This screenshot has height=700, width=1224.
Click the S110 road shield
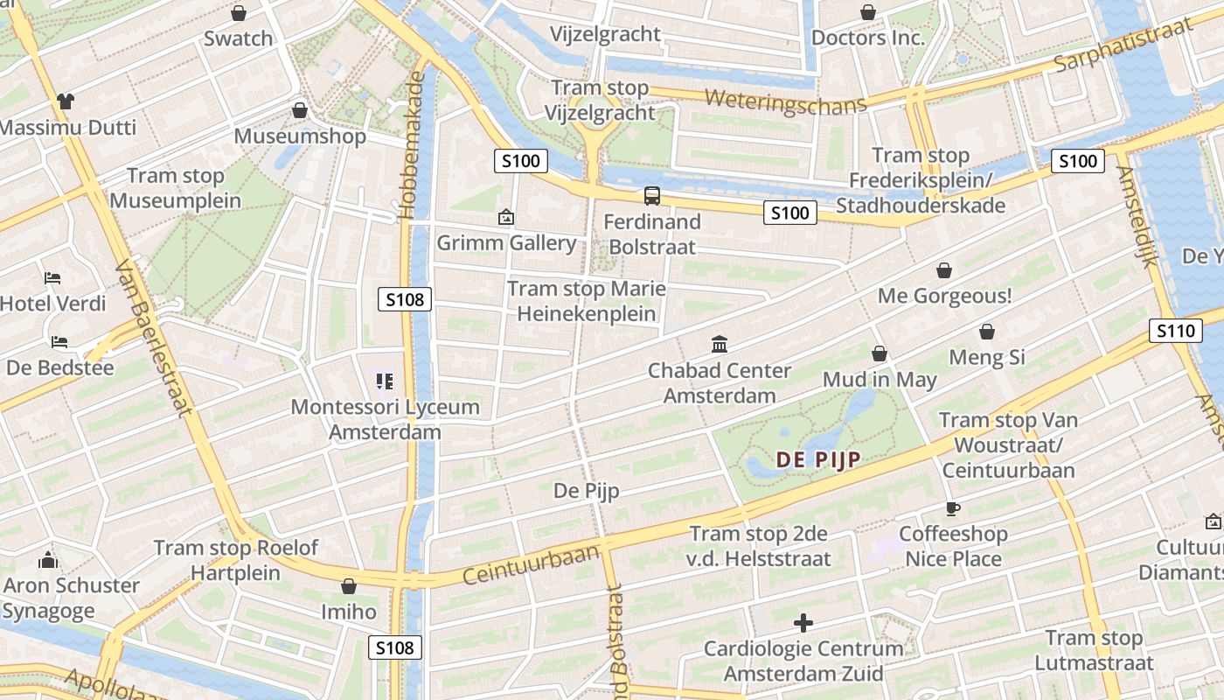point(1175,331)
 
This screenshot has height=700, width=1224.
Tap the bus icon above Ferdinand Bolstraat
point(652,196)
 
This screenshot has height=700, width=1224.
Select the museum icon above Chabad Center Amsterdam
point(720,344)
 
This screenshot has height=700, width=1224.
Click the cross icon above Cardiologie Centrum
point(803,623)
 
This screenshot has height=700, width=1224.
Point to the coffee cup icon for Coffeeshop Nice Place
point(952,508)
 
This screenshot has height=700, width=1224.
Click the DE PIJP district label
point(818,459)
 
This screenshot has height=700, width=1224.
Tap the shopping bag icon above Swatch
point(238,13)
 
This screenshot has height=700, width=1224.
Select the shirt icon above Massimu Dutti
point(66,101)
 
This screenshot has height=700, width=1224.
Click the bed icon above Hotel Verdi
point(52,278)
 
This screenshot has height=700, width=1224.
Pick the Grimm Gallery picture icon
point(505,217)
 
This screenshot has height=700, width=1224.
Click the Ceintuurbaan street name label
point(531,564)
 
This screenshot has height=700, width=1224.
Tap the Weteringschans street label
point(785,100)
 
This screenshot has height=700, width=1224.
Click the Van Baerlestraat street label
point(154,339)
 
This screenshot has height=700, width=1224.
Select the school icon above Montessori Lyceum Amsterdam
point(385,381)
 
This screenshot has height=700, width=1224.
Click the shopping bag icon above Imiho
point(349,586)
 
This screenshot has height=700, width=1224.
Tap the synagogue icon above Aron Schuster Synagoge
point(48,560)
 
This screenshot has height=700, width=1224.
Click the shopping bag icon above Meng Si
point(986,332)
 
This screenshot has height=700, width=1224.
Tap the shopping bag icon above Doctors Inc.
point(867,12)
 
